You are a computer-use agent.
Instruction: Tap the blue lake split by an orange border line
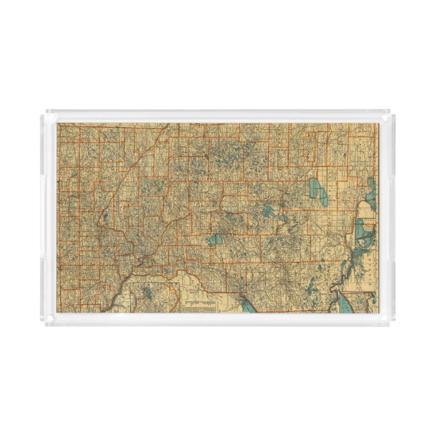(x=216, y=239)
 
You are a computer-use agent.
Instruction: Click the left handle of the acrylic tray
(x=43, y=218)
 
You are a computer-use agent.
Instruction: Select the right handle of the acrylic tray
(x=392, y=218)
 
